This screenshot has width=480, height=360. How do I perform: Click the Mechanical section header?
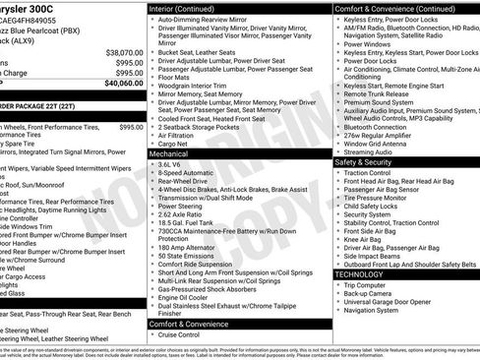(168, 154)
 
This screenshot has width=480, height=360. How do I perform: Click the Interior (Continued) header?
(183, 8)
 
